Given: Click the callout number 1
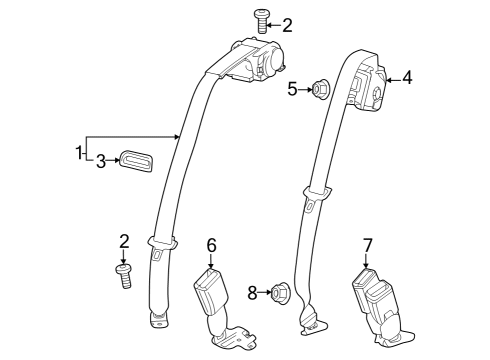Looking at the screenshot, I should pyautogui.click(x=78, y=152).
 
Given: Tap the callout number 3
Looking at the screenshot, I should pyautogui.click(x=100, y=160).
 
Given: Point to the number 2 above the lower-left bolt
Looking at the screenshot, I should pyautogui.click(x=125, y=241).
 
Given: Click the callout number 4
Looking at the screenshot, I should pyautogui.click(x=407, y=76).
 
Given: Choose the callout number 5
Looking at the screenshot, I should pyautogui.click(x=293, y=90).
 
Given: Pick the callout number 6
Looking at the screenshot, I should pyautogui.click(x=211, y=244).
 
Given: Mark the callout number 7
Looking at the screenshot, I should pyautogui.click(x=367, y=244).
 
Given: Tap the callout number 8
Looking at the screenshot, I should pyautogui.click(x=253, y=292).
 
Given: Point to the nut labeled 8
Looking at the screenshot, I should pyautogui.click(x=279, y=292).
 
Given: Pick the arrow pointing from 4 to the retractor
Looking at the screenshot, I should pyautogui.click(x=393, y=76).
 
